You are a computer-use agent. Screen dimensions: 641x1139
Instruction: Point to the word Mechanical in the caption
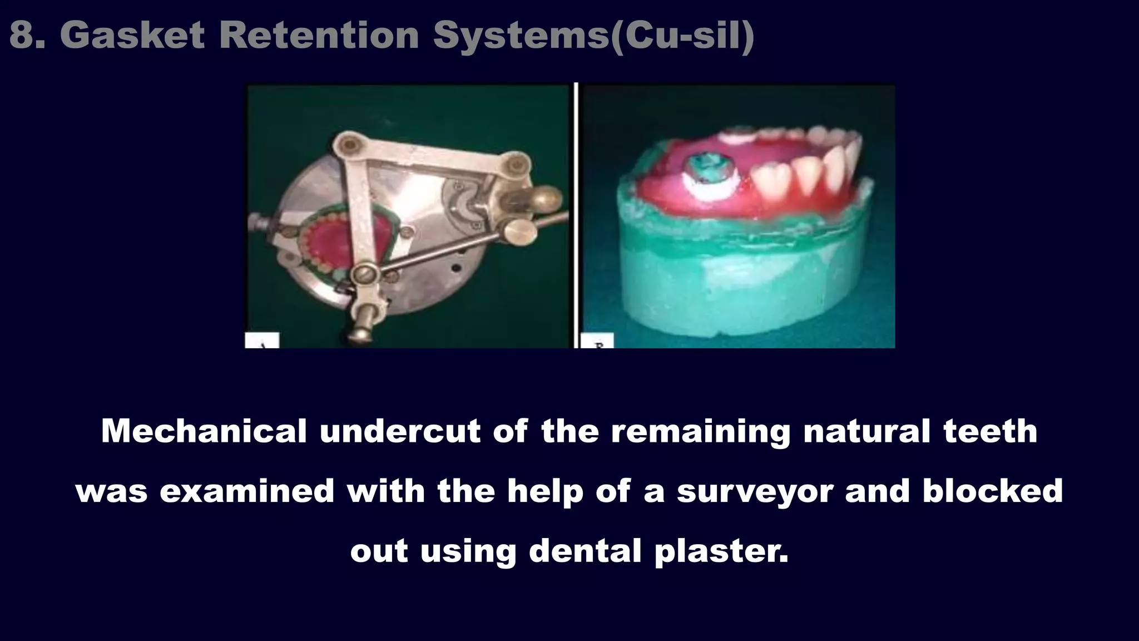(x=204, y=431)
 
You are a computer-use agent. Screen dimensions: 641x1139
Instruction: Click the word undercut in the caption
(x=400, y=431)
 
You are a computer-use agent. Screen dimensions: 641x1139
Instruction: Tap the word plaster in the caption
(x=721, y=551)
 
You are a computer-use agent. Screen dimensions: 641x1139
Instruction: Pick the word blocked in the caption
(x=993, y=491)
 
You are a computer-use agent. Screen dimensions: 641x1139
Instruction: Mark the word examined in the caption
(x=247, y=491)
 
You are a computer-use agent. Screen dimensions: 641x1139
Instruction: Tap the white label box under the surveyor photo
(x=262, y=341)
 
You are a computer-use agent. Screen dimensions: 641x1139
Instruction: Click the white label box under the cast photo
(x=596, y=341)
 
